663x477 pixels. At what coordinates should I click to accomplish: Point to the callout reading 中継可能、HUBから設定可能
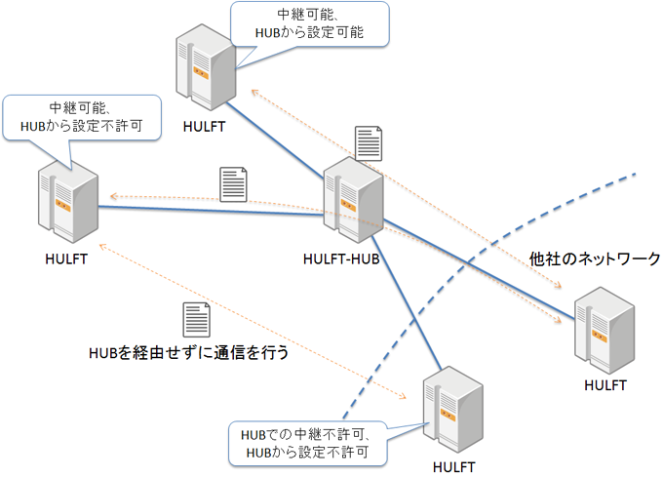[x=308, y=24]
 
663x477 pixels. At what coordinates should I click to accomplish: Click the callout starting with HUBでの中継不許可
[x=306, y=443]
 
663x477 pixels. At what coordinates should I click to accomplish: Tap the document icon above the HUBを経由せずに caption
[x=197, y=321]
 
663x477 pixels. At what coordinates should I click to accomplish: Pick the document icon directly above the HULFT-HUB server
[x=368, y=144]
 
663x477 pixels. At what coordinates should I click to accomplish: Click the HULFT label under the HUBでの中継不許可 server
[x=452, y=467]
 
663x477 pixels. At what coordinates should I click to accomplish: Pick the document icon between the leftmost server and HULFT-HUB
[x=234, y=183]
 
